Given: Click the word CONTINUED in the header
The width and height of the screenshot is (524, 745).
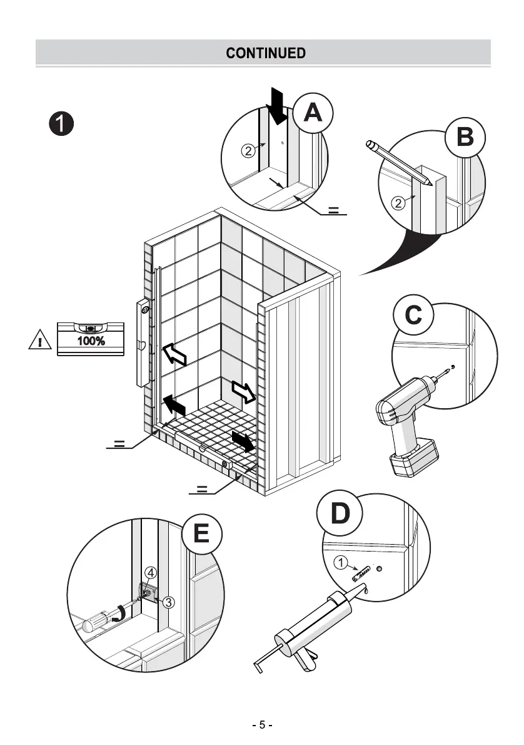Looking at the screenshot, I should point(266,53).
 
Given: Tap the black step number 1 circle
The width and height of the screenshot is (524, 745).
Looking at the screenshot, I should point(63,123).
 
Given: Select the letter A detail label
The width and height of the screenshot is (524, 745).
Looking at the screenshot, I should point(313,113).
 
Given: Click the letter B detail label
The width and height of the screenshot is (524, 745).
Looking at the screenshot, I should point(465,137).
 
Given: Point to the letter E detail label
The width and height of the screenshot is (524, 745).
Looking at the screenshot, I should point(201,534).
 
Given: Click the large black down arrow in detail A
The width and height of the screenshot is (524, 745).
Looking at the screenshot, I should point(276,105).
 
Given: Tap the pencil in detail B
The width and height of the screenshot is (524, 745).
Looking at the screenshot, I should point(400,162).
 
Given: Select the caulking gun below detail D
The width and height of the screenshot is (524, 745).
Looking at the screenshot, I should point(306,632).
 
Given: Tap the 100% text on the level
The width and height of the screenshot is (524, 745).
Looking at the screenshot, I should point(91,341).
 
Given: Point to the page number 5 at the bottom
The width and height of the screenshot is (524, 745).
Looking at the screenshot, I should point(263,725).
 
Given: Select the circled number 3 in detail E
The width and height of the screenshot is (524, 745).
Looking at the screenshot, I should point(169,602).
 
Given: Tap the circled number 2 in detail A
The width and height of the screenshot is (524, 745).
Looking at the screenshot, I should point(248,150).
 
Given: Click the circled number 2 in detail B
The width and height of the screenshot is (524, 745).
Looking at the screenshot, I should point(398,202).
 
